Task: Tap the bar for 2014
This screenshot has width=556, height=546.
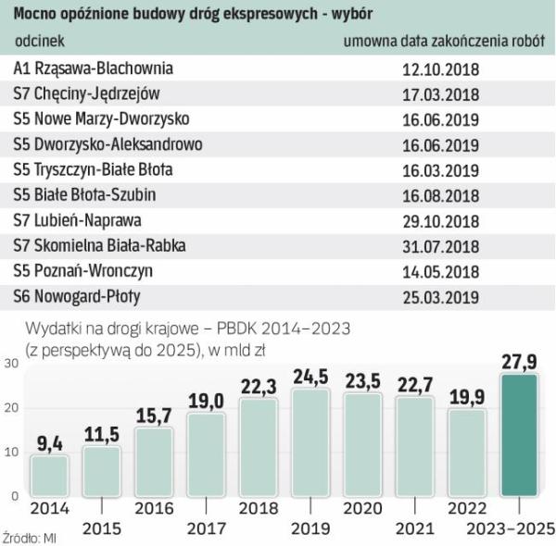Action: pyautogui.click(x=50, y=475)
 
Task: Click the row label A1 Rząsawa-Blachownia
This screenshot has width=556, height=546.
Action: pyautogui.click(x=95, y=69)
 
